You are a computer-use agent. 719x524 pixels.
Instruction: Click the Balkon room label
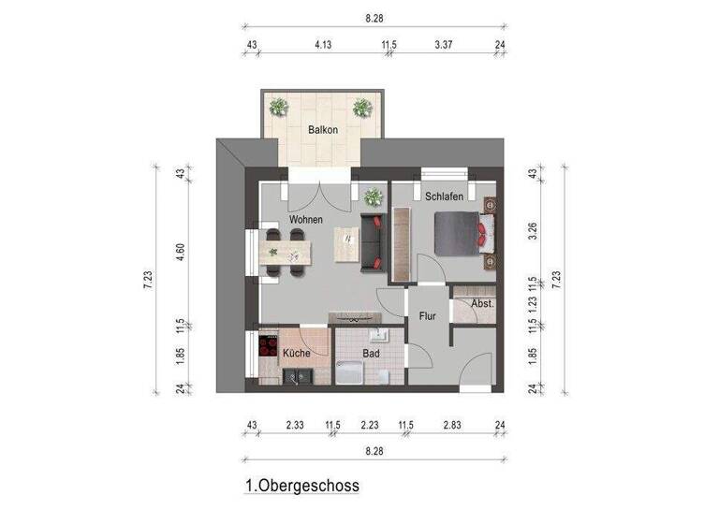323,130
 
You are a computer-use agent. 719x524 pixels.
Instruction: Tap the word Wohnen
306,219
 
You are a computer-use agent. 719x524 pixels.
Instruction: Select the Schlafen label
443,196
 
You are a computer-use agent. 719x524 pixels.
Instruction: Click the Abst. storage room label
482,304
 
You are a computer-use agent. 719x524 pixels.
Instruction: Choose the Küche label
297,353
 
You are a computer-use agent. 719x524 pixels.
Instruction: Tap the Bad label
370,353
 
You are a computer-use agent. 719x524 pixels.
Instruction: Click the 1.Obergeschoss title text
301,486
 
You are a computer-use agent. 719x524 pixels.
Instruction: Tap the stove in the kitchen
266,351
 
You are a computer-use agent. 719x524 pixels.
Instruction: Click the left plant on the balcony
278,107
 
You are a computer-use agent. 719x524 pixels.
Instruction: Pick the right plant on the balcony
361,108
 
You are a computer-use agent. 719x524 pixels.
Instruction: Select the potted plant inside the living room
374,196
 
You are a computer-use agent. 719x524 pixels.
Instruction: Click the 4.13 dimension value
323,43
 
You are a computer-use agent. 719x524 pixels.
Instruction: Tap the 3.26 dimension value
533,230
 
